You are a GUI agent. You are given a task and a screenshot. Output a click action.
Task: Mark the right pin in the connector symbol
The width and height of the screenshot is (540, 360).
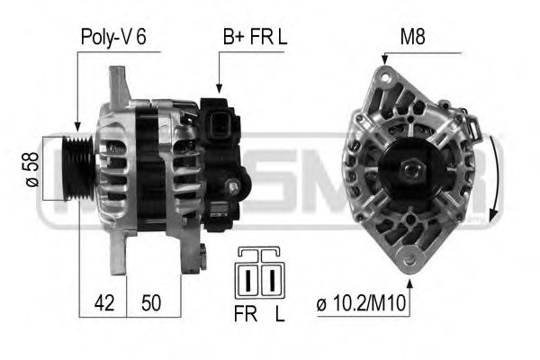click(270, 278)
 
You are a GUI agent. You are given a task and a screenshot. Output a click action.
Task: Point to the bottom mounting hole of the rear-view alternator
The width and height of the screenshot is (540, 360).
click(410, 261)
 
